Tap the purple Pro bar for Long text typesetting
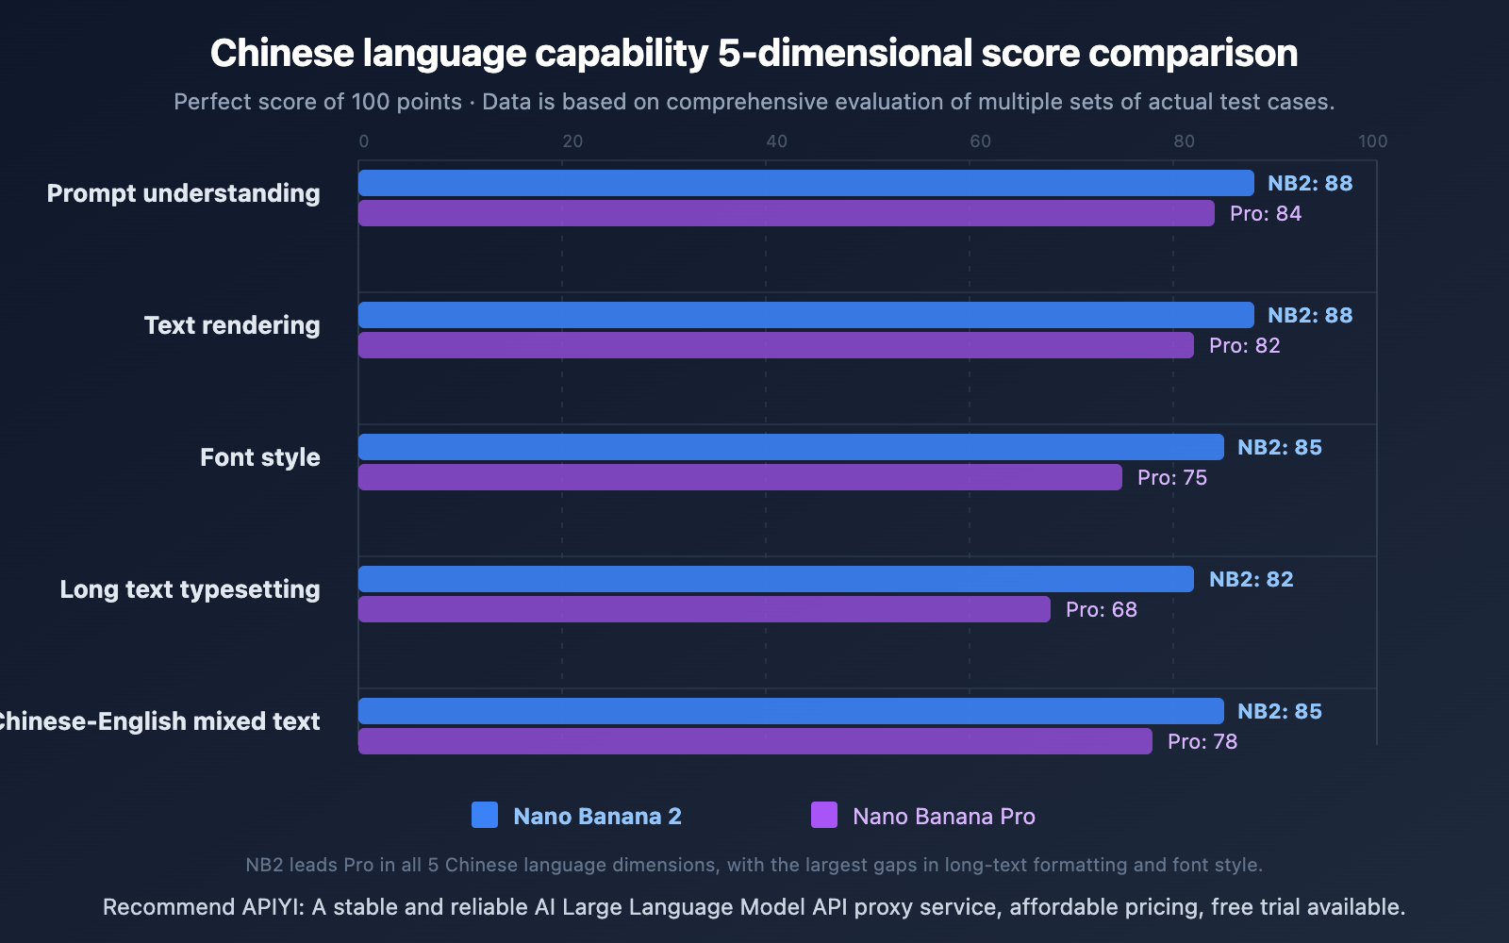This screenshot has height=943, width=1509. [x=704, y=609]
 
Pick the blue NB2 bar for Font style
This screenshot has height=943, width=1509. [x=790, y=447]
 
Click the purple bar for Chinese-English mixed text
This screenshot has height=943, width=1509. [x=754, y=741]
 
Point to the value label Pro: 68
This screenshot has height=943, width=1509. [x=1101, y=610]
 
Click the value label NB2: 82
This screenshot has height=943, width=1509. [x=1251, y=579]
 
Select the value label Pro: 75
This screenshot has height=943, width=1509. [x=1171, y=478]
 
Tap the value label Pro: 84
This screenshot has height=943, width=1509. [x=1265, y=214]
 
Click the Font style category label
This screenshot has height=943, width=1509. [x=259, y=457]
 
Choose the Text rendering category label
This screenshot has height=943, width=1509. [x=232, y=325]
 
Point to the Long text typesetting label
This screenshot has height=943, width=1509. [x=190, y=589]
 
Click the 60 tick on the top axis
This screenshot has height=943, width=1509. [x=980, y=141]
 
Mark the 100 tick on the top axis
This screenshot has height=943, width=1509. [x=1372, y=141]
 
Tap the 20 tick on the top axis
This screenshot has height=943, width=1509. [x=572, y=141]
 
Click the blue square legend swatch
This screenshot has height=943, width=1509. [x=485, y=815]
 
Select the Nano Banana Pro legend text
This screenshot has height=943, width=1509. [x=943, y=817]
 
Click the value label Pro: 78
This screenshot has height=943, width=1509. [x=1202, y=742]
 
